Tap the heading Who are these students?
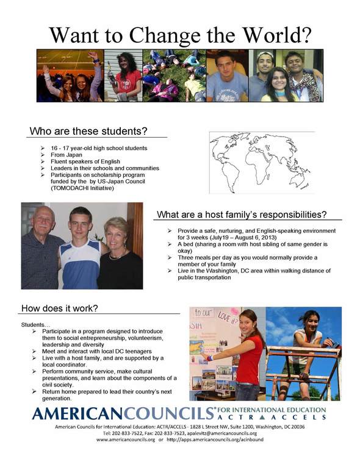(x=89, y=131)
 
